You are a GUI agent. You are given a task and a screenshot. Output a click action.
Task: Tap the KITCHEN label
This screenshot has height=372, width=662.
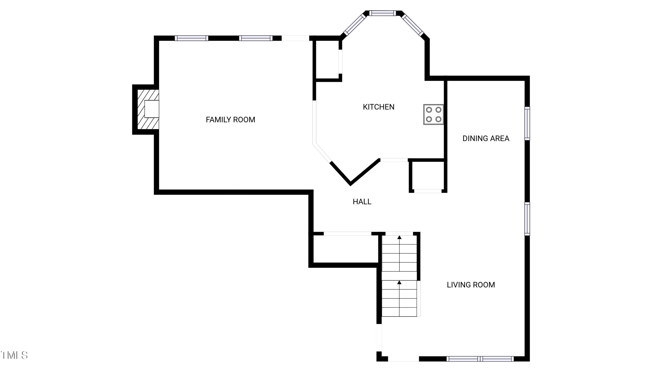coord(378,107)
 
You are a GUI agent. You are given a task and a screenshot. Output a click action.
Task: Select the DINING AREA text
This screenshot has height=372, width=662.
coord(486,139)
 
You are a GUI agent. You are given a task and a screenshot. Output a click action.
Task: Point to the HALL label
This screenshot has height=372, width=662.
coord(362,202)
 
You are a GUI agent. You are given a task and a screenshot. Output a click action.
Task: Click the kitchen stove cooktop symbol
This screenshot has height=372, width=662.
coord(433,114)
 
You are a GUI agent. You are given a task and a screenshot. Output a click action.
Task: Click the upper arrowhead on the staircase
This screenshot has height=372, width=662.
coord(399,237)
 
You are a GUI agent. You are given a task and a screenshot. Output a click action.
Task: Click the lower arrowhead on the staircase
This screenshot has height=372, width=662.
coord(399,283)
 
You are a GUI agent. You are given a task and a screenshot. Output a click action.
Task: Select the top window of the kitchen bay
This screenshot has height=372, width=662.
coord(382,13)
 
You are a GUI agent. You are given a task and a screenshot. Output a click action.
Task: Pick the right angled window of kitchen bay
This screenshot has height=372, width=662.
coord(412,25)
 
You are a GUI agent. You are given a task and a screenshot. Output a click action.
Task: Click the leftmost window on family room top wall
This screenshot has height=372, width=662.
coord(192,38)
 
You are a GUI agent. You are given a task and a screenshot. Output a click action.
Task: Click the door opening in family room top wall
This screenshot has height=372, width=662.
coord(295,38)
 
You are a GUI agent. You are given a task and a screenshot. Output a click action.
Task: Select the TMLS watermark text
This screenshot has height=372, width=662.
coord(14,355)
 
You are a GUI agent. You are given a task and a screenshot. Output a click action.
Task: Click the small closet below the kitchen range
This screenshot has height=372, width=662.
coord(428,176)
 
